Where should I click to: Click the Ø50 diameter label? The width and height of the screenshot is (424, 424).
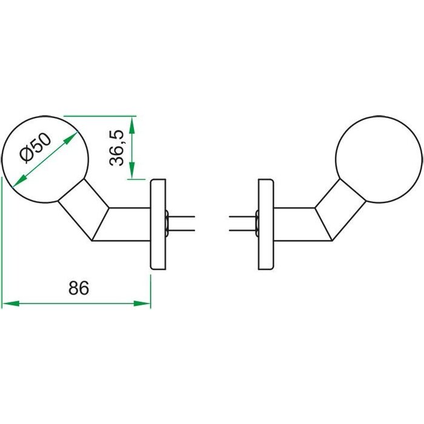[x=35, y=148]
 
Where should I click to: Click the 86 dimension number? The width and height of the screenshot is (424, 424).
[x=78, y=288]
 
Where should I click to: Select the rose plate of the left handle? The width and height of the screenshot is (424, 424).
[x=157, y=224]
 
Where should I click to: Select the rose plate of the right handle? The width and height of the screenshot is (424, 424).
[x=265, y=224]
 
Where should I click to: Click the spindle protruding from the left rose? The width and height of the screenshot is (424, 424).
[x=182, y=224]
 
